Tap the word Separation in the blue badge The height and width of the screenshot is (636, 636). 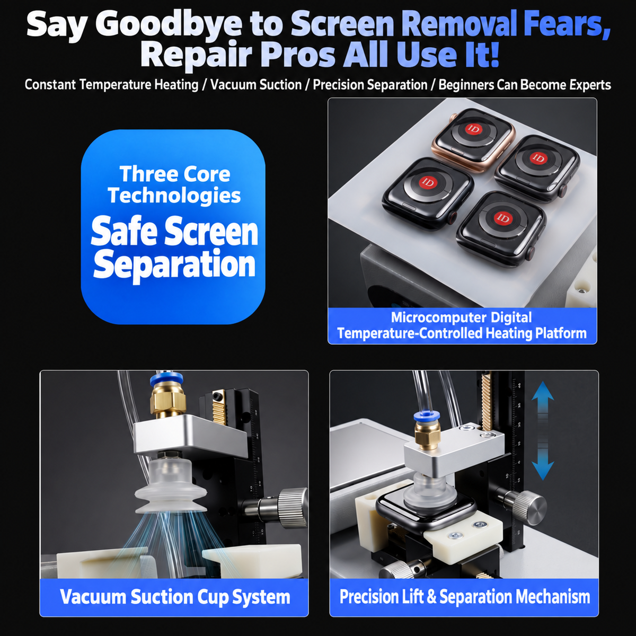[x=174, y=264]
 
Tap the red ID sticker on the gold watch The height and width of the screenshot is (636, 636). [x=474, y=129]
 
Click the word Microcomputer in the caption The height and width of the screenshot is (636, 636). [x=438, y=317]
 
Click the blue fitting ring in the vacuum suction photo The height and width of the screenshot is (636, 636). [x=166, y=379]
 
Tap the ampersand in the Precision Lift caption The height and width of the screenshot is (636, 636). [x=431, y=596]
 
